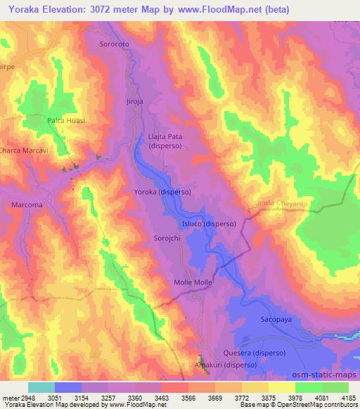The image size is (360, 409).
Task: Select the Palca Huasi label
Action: [x=66, y=121]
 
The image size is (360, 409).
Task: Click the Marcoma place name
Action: [x=27, y=204]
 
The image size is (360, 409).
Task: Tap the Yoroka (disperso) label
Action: [x=162, y=192]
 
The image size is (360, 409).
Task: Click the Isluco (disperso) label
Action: [x=209, y=224]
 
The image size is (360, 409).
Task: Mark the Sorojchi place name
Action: [x=168, y=239]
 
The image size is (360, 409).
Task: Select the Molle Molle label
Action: [x=193, y=282]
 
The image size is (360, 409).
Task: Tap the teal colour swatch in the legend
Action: [x=41, y=387]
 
